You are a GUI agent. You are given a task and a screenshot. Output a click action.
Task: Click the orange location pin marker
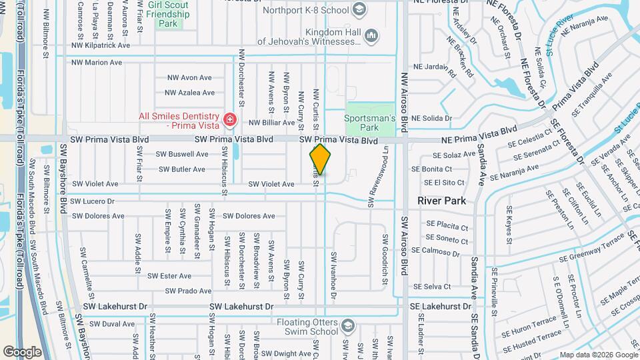pos(320,160)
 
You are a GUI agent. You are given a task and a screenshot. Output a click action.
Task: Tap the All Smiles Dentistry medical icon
pos(230,120)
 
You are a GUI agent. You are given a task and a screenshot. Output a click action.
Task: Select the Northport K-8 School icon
pos(360,9)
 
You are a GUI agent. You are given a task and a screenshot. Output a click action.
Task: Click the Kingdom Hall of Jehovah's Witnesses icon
pos(371,35)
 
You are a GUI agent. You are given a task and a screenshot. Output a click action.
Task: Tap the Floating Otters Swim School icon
pos(347,326)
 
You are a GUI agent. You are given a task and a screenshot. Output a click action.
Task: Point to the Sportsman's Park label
pos(365,122)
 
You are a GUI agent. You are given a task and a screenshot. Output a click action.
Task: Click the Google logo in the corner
pos(22,351)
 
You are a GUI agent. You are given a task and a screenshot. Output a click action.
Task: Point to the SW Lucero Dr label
pos(92,200)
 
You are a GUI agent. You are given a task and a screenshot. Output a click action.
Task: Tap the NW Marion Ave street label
pos(98,62)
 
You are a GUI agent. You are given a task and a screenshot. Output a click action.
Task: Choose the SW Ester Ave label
pos(169,275)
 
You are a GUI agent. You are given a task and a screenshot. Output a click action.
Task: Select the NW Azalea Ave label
pos(190,93)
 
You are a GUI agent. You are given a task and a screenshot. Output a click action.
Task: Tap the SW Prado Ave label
pos(189,291)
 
